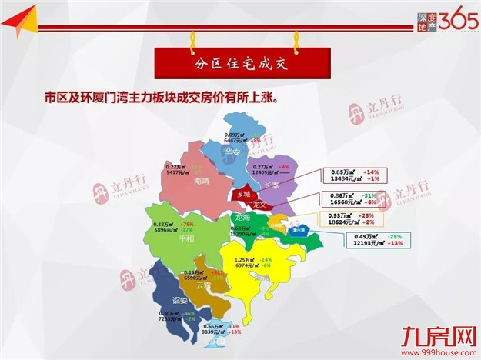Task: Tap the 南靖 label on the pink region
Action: click(x=202, y=181)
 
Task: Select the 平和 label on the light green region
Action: click(x=186, y=238)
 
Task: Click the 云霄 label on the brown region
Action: click(x=203, y=285)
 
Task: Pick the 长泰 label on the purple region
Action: click(x=271, y=185)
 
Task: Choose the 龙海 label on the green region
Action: click(x=242, y=218)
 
